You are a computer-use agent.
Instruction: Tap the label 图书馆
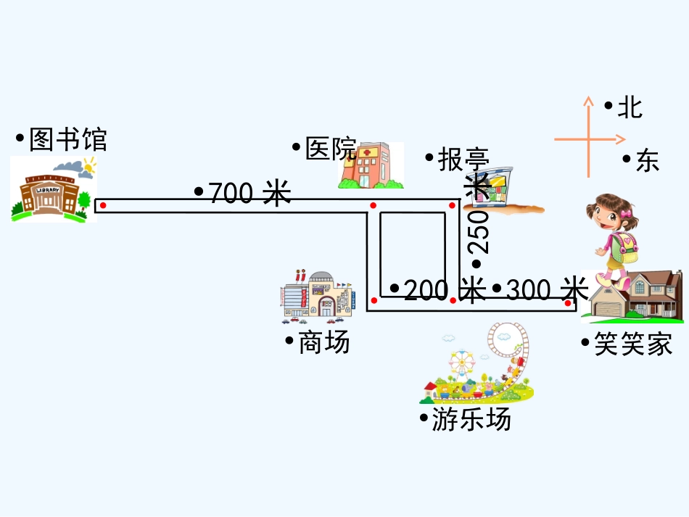67,139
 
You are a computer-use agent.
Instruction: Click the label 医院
331,149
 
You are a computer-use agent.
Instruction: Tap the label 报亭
463,159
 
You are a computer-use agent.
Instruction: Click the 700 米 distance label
249,193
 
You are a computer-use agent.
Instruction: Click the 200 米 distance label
443,290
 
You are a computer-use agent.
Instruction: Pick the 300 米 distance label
546,289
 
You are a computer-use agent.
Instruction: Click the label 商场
323,342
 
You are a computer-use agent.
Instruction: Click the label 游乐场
471,419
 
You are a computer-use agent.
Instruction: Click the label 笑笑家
633,344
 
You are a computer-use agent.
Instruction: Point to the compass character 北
630,107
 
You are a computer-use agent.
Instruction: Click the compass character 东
647,160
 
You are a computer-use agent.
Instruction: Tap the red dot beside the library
103,206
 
